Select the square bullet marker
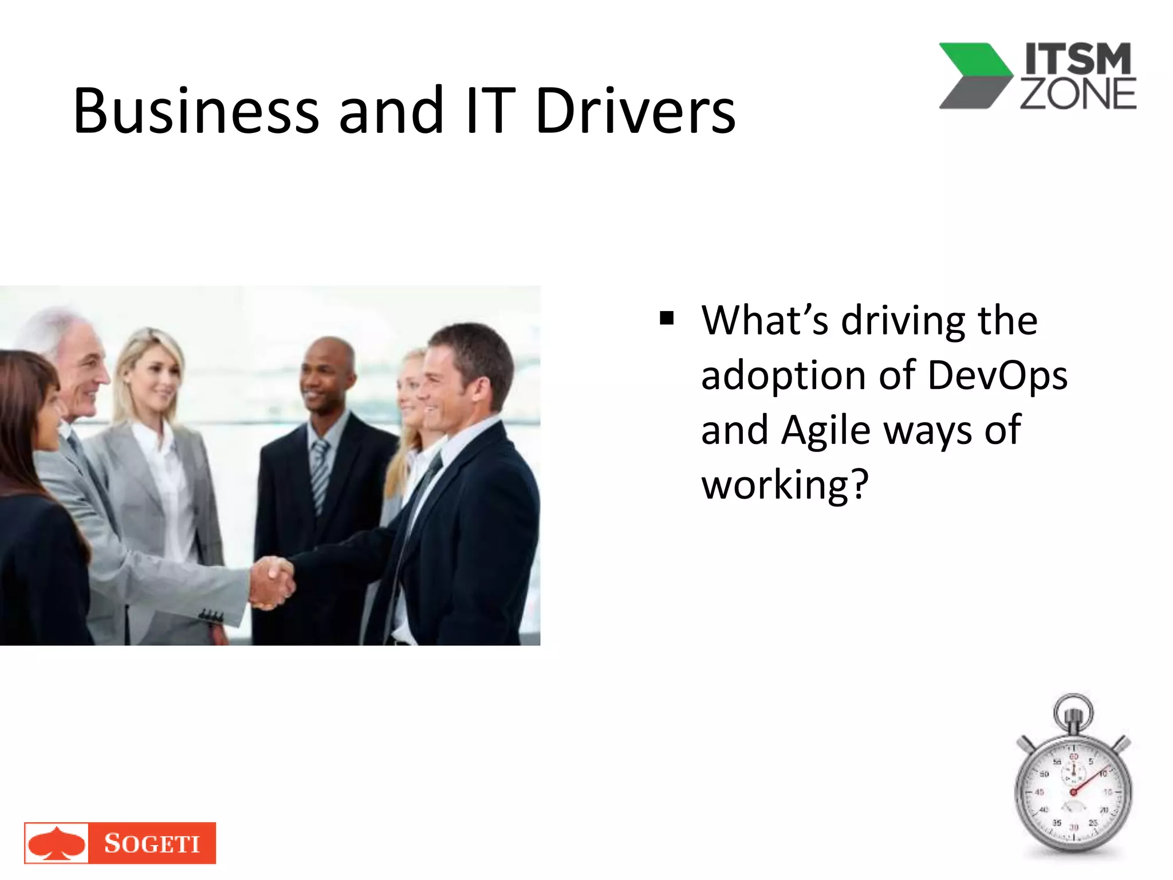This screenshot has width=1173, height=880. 666,317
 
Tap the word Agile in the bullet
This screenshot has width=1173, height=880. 825,430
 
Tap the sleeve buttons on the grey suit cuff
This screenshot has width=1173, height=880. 211,616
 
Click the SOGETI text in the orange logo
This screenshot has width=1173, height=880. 152,843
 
